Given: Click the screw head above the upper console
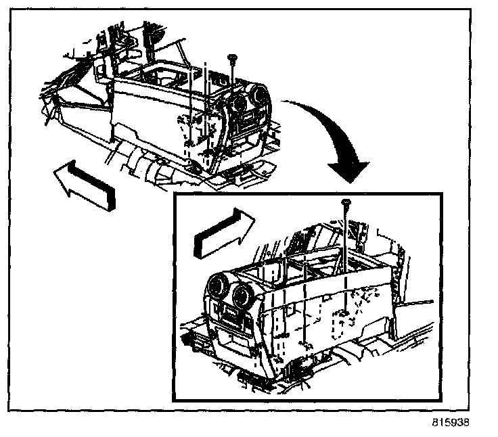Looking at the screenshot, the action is (x=231, y=60).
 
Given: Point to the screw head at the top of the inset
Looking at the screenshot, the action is (x=345, y=202).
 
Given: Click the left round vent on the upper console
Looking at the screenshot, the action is (x=236, y=104).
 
